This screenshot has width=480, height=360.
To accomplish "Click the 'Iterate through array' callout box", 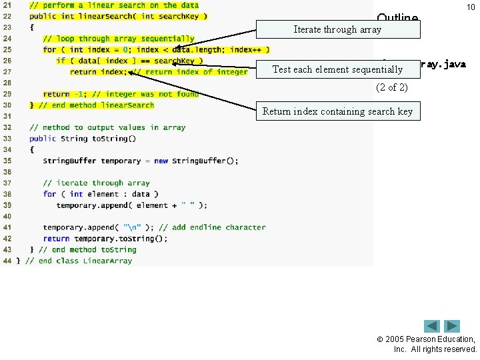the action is pyautogui.click(x=337, y=29).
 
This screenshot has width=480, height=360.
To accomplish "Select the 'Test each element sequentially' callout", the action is pyautogui.click(x=337, y=69).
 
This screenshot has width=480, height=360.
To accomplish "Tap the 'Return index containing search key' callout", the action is pyautogui.click(x=337, y=111).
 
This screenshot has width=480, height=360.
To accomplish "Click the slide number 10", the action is pyautogui.click(x=470, y=7).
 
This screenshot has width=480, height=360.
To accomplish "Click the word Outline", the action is pyautogui.click(x=397, y=18).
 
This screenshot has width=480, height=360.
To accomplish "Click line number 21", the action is pyautogui.click(x=8, y=5).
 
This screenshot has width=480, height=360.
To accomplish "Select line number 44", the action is pyautogui.click(x=8, y=261).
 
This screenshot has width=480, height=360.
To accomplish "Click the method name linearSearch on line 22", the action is pyautogui.click(x=109, y=16).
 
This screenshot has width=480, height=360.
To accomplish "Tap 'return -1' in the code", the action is pyautogui.click(x=61, y=94).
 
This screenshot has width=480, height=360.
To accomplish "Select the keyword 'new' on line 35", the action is pyautogui.click(x=161, y=161).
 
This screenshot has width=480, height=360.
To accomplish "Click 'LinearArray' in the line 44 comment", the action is pyautogui.click(x=107, y=261).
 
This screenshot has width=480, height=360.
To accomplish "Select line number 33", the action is pyautogui.click(x=8, y=139).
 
